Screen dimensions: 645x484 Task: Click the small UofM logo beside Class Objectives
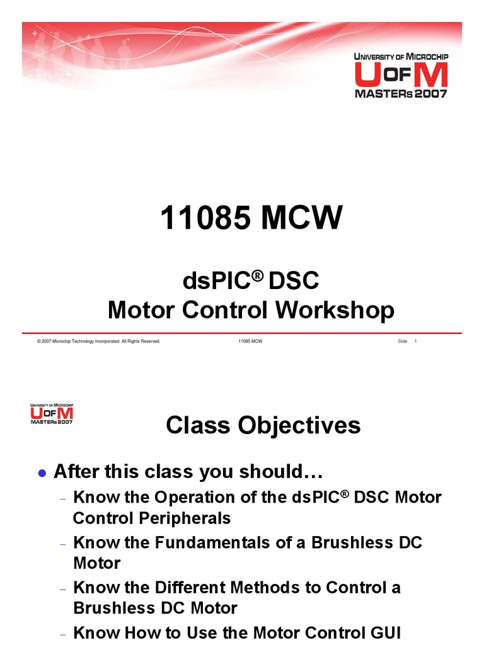tap(52, 413)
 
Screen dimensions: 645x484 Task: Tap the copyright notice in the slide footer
tap(99, 341)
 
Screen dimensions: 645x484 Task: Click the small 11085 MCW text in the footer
tap(250, 341)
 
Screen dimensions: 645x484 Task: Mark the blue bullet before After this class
tap(42, 472)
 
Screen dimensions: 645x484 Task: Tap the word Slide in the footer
tap(403, 341)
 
